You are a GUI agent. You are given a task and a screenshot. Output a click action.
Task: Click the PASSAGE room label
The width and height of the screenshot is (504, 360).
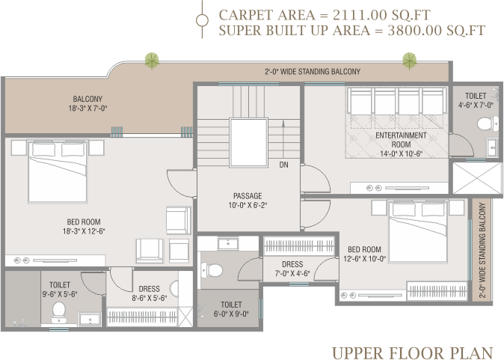[248, 195]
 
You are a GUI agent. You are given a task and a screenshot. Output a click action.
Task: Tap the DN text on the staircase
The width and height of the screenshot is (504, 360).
[283, 165]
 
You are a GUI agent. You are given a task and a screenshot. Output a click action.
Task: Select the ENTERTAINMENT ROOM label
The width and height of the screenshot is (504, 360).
[401, 140]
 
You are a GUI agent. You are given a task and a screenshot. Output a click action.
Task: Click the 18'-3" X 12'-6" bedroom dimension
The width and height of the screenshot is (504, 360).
[84, 231]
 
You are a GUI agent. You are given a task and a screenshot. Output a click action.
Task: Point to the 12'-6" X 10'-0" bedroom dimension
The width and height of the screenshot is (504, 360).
[364, 259]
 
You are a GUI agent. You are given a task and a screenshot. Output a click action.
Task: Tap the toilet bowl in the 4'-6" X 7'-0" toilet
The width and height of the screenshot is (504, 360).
[485, 123]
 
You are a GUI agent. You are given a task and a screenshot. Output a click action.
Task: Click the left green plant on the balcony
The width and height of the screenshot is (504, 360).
[152, 61]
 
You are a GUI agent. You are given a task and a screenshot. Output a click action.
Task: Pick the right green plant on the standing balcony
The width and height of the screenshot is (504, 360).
[410, 61]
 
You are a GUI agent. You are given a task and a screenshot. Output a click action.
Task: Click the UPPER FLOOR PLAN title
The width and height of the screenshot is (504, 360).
[412, 353]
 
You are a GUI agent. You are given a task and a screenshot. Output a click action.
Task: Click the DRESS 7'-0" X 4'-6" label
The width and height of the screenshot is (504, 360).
[292, 269]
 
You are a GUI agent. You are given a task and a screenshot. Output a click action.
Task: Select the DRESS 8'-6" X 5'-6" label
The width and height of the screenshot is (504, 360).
[149, 293]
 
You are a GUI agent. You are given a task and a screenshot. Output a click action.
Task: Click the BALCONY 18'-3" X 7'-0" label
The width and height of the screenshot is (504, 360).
[87, 103]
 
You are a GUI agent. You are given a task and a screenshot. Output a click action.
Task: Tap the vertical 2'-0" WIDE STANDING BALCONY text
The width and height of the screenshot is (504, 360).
[482, 250]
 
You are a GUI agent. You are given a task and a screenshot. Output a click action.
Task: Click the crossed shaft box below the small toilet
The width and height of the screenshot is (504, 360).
[477, 178]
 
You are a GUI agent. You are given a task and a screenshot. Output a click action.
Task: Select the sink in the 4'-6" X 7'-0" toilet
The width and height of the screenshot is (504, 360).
[492, 147]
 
